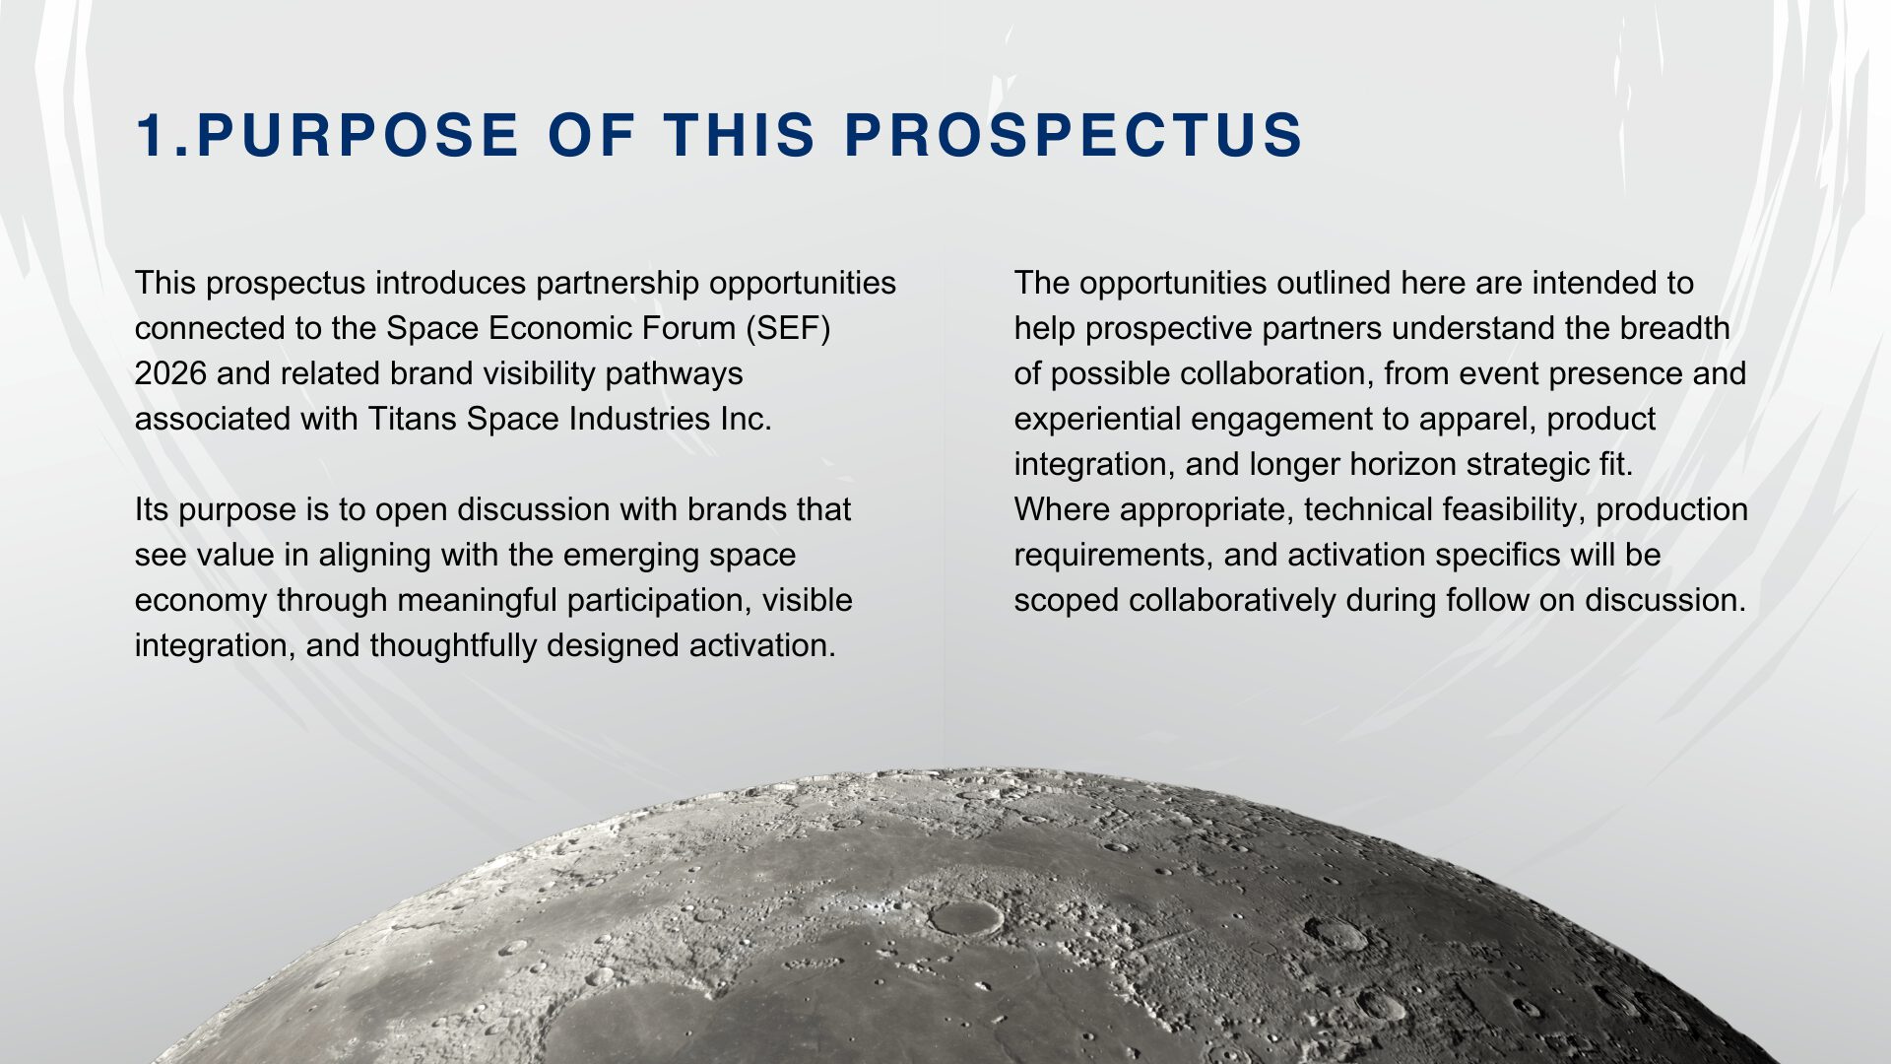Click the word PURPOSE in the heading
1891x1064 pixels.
[358, 135]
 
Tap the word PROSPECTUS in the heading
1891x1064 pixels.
[1075, 135]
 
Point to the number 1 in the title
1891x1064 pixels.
[150, 135]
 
